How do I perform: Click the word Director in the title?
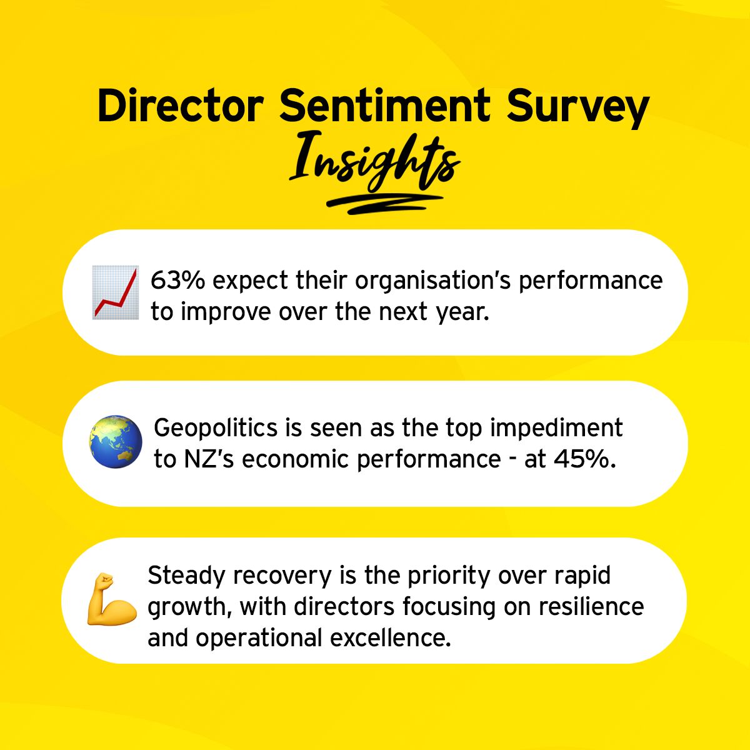pos(180,106)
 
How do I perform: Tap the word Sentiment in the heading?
pos(384,106)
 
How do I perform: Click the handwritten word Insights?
pos(374,164)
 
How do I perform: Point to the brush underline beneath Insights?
pos(384,204)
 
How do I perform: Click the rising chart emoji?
pos(116,292)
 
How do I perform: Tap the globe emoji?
pos(116,442)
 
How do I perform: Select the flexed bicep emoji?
pos(112,599)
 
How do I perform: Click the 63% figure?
pos(178,280)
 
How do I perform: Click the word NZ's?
pos(209,459)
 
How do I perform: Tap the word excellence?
pos(391,638)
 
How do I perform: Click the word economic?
pos(295,459)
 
